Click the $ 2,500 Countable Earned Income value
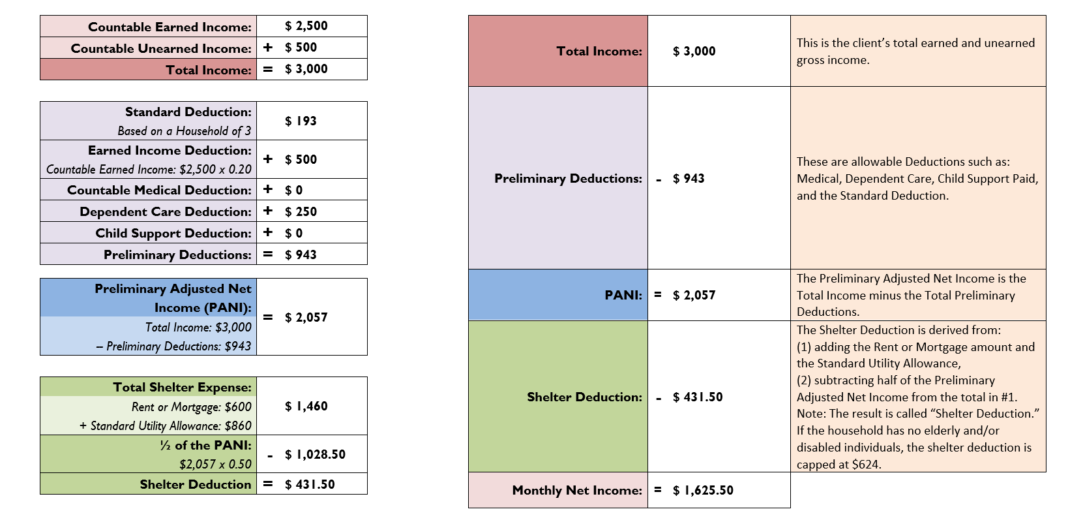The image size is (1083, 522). tap(306, 26)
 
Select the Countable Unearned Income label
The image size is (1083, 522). tap(161, 48)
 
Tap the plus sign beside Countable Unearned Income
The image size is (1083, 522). tap(268, 48)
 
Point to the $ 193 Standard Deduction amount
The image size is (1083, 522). tap(301, 121)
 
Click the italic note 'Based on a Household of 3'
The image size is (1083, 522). tap(184, 131)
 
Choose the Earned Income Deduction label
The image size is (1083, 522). tap(170, 151)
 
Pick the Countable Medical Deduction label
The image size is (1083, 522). tap(159, 190)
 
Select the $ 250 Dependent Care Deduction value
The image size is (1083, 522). tap(301, 211)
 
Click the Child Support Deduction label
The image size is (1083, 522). tap(173, 233)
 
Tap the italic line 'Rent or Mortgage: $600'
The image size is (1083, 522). tap(191, 407)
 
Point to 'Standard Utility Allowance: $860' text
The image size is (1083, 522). tap(165, 426)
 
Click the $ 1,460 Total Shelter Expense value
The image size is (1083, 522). tap(306, 406)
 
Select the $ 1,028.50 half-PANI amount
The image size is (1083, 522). tap(315, 454)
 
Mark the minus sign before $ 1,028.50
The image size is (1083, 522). tap(270, 455)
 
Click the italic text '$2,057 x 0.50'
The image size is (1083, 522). tap(215, 465)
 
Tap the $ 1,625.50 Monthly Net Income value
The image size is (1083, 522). tap(703, 490)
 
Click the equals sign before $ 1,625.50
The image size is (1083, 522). tap(658, 489)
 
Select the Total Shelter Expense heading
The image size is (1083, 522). tap(182, 387)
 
